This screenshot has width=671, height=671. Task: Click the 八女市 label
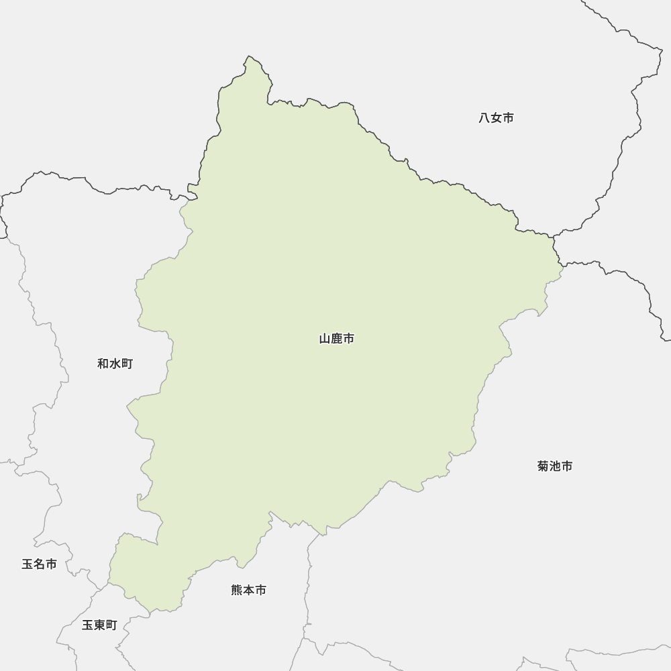point(497,118)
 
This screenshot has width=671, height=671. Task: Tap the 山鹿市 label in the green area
point(337,339)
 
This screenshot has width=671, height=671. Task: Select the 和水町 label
point(115,364)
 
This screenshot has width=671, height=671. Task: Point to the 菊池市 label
point(555,466)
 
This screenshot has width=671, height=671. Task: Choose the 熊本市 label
point(249,590)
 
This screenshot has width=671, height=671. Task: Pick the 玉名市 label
point(39,564)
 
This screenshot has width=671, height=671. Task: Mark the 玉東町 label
point(99,625)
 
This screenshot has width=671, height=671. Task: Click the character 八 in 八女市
point(484,118)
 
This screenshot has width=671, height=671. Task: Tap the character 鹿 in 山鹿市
point(337,339)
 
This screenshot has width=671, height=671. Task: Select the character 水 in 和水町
point(115,364)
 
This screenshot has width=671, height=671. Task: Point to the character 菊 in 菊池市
point(544,466)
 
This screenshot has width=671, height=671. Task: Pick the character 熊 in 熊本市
point(237,590)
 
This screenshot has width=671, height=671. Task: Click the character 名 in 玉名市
point(39,564)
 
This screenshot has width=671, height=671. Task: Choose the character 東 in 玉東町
point(99,625)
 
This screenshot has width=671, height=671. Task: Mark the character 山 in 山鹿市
point(325,339)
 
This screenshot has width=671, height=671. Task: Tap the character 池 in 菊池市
point(555,466)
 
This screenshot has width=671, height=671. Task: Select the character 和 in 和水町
point(103,364)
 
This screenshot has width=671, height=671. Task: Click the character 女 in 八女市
point(497,118)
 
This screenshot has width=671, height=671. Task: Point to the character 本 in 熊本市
point(249,590)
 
